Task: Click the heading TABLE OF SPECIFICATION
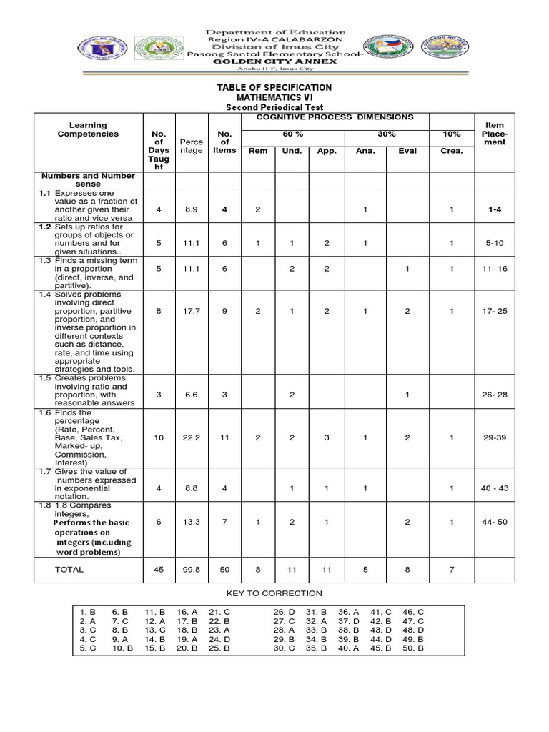[x=274, y=87]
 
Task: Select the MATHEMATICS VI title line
[x=274, y=97]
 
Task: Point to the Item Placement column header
[x=494, y=134]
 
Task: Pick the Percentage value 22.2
[x=191, y=437]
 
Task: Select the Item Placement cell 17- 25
[x=494, y=312]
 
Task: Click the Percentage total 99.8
[x=191, y=570]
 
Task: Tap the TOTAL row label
[x=69, y=570]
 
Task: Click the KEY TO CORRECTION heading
[x=274, y=593]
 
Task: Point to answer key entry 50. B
[x=413, y=648]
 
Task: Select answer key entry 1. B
[x=88, y=613]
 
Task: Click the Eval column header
[x=407, y=151]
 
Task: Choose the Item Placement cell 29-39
[x=494, y=437]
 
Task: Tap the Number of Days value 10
[x=159, y=437]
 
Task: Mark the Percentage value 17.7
[x=191, y=312]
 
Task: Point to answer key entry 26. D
[x=284, y=613]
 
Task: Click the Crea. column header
[x=451, y=151]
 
